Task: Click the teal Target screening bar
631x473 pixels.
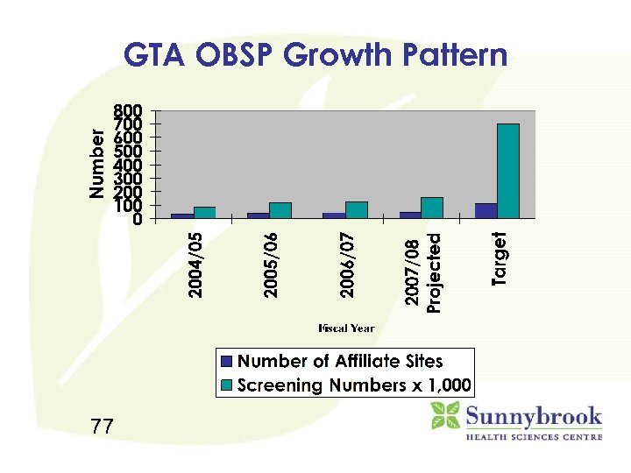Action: (x=508, y=171)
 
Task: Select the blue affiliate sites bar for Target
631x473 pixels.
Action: (x=486, y=210)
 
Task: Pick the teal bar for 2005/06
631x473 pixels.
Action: (x=280, y=210)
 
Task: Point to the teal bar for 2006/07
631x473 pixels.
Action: (x=356, y=209)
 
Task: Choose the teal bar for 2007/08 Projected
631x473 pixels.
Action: (x=431, y=208)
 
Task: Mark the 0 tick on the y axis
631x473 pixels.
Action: (x=137, y=220)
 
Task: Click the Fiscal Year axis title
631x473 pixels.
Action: (x=347, y=328)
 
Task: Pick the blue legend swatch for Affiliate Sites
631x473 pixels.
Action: (x=228, y=361)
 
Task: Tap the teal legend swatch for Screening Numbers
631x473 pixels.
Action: (x=228, y=385)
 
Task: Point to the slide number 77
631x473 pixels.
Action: (x=102, y=427)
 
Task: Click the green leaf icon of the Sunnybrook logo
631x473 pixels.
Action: (x=445, y=415)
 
